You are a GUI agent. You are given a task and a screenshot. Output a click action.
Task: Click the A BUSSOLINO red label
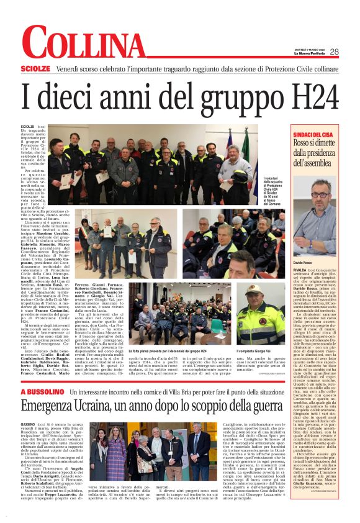tap(42, 393)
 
